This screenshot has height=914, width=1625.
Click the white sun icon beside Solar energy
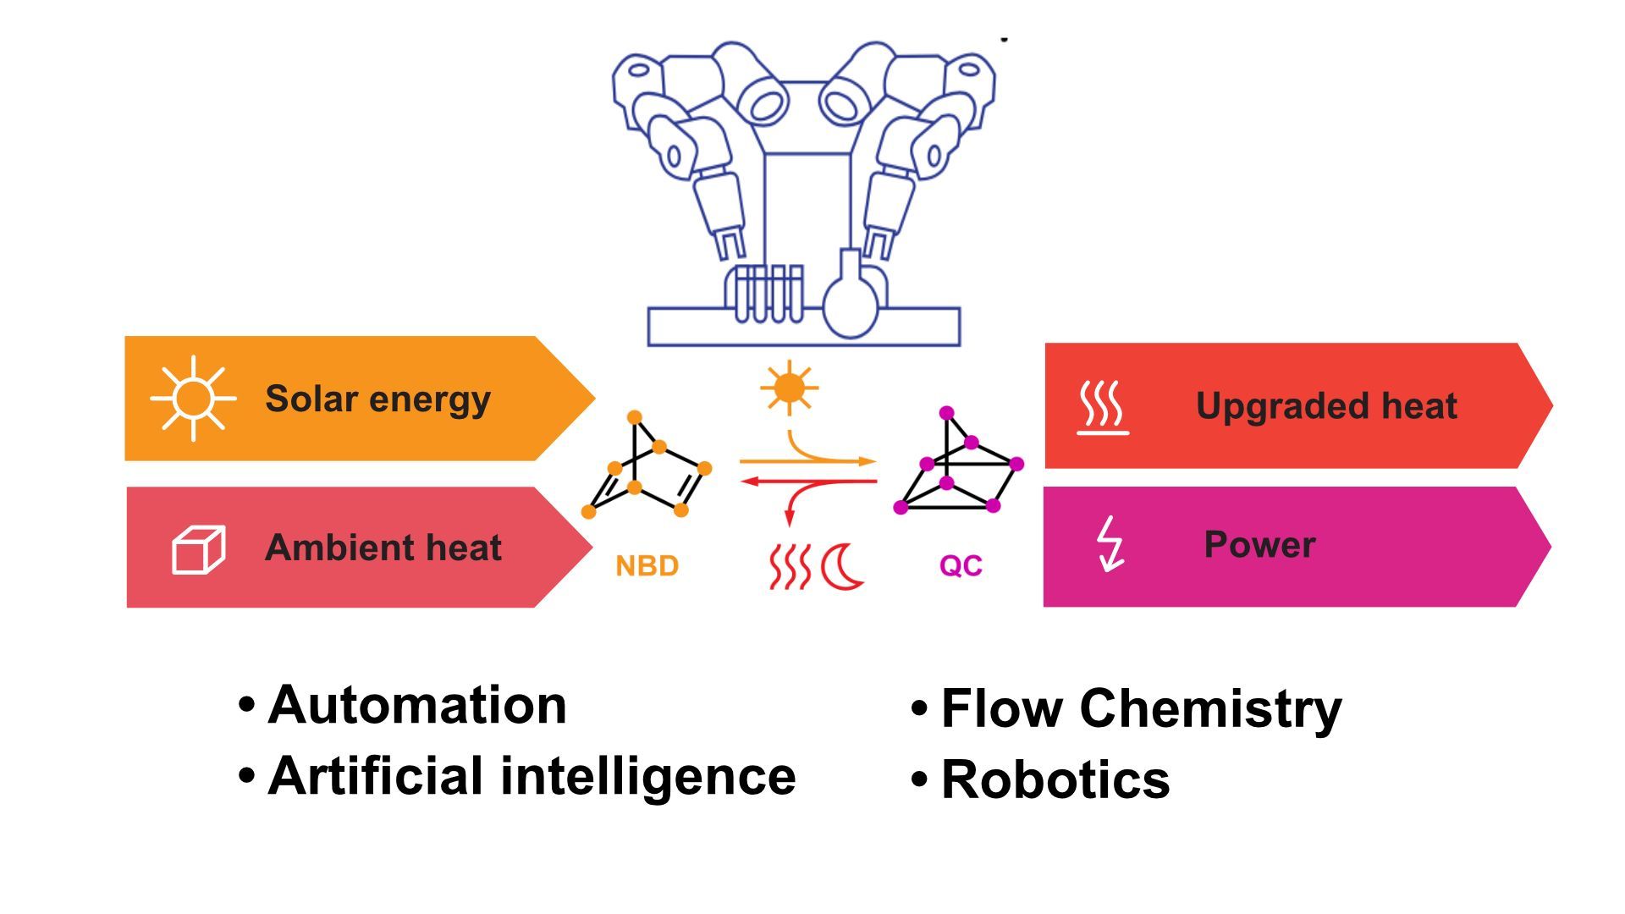tap(193, 398)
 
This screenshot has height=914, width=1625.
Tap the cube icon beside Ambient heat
tap(199, 550)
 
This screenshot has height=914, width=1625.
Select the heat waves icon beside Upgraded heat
tap(1103, 407)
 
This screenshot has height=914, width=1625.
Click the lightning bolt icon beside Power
tap(1110, 544)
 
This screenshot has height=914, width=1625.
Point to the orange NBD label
tap(647, 565)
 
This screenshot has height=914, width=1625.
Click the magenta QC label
tap(961, 565)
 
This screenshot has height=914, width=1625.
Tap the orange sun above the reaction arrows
tap(789, 388)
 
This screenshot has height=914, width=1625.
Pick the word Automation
tap(417, 704)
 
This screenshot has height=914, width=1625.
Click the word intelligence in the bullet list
tap(648, 776)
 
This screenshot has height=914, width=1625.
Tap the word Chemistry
tap(1211, 709)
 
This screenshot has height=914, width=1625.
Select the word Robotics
tap(1055, 779)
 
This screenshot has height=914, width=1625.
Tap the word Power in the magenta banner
tap(1259, 544)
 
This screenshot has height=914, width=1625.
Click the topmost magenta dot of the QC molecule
tap(947, 413)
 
